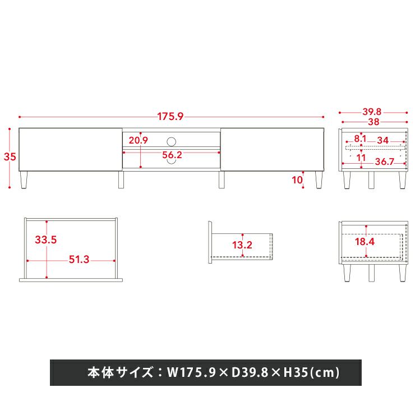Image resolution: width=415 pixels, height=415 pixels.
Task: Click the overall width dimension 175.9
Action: click(x=170, y=117)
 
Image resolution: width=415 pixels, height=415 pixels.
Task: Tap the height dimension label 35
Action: click(x=10, y=156)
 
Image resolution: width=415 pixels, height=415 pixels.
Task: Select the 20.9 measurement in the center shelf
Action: click(x=138, y=140)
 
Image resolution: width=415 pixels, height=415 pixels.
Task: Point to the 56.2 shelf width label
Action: click(x=172, y=155)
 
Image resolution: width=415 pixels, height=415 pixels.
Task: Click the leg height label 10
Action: click(x=297, y=180)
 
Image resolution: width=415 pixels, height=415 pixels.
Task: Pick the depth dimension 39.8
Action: click(x=372, y=112)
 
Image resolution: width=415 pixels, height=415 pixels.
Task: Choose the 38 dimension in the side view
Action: click(x=374, y=122)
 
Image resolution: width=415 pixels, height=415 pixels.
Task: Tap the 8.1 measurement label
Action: click(x=360, y=139)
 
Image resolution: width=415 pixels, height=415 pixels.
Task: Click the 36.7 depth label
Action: click(x=384, y=162)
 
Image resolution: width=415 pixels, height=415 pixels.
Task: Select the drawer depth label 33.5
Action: click(x=46, y=240)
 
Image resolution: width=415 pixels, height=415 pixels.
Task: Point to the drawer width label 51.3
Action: click(x=79, y=259)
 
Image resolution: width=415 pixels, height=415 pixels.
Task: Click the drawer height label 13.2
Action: click(x=242, y=245)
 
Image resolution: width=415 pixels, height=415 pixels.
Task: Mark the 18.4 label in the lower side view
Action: click(x=365, y=242)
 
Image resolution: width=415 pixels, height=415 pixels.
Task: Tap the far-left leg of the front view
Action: click(x=24, y=179)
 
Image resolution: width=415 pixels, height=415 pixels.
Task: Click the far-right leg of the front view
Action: click(x=319, y=179)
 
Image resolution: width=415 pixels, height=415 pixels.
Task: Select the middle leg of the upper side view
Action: click(x=371, y=180)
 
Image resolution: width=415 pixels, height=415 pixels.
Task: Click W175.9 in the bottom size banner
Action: click(x=191, y=372)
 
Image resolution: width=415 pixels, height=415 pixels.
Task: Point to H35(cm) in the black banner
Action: click(x=311, y=372)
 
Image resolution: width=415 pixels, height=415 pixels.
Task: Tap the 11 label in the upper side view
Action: click(x=361, y=158)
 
